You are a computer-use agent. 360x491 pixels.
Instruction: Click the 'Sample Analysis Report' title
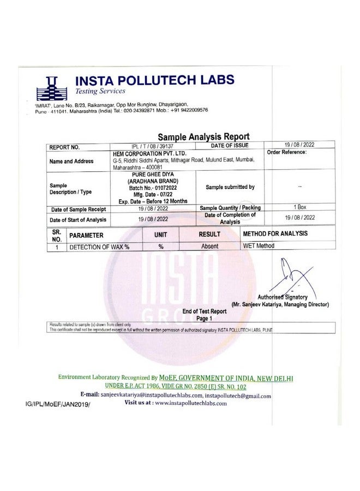click(203, 137)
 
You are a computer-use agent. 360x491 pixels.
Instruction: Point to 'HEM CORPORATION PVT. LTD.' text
click(141, 154)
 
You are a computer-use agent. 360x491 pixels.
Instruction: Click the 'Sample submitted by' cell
click(230, 187)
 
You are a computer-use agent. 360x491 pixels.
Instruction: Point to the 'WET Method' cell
click(259, 245)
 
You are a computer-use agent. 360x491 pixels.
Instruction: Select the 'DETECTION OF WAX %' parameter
click(99, 247)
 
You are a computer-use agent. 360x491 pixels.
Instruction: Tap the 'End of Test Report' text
click(204, 311)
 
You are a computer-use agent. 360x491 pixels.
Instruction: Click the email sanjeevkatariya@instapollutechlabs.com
click(152, 394)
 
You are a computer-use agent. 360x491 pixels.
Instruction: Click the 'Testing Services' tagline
click(100, 91)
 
